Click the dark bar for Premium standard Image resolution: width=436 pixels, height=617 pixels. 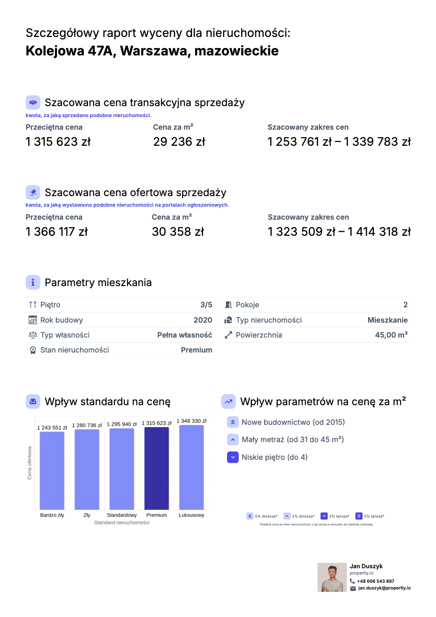[156, 468]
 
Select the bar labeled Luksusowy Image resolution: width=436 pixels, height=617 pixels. [191, 467]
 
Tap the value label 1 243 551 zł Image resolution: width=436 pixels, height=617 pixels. [52, 428]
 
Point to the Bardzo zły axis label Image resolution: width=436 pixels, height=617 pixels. [52, 515]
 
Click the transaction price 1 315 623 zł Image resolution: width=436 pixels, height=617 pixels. [58, 142]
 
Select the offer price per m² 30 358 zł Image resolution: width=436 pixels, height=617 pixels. [178, 232]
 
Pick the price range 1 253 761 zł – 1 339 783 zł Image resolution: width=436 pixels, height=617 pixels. [339, 142]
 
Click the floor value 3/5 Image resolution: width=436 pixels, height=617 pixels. [206, 305]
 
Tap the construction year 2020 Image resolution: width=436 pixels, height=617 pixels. [203, 320]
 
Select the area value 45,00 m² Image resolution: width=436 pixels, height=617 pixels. [391, 335]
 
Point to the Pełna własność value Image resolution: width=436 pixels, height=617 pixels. [185, 335]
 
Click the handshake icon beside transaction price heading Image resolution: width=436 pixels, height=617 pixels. [33, 103]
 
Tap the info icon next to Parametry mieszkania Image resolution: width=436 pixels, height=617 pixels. [33, 283]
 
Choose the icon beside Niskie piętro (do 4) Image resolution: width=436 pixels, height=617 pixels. [233, 457]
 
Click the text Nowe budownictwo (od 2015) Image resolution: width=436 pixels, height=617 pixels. [293, 422]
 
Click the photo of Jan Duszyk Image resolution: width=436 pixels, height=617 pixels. [332, 577]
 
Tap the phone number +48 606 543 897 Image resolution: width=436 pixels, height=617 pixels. [376, 581]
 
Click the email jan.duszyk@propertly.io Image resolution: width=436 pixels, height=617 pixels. [384, 588]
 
